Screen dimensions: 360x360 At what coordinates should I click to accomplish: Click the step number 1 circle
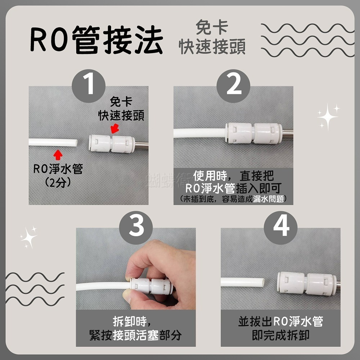[x=89, y=86]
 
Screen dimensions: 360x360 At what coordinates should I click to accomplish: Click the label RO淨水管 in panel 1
[x=58, y=169]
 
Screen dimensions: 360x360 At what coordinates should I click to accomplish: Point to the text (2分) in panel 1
[x=58, y=183]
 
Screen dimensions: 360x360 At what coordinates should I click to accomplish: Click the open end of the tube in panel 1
[x=75, y=143]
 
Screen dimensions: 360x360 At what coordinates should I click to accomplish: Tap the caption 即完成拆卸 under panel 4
[x=280, y=335]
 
